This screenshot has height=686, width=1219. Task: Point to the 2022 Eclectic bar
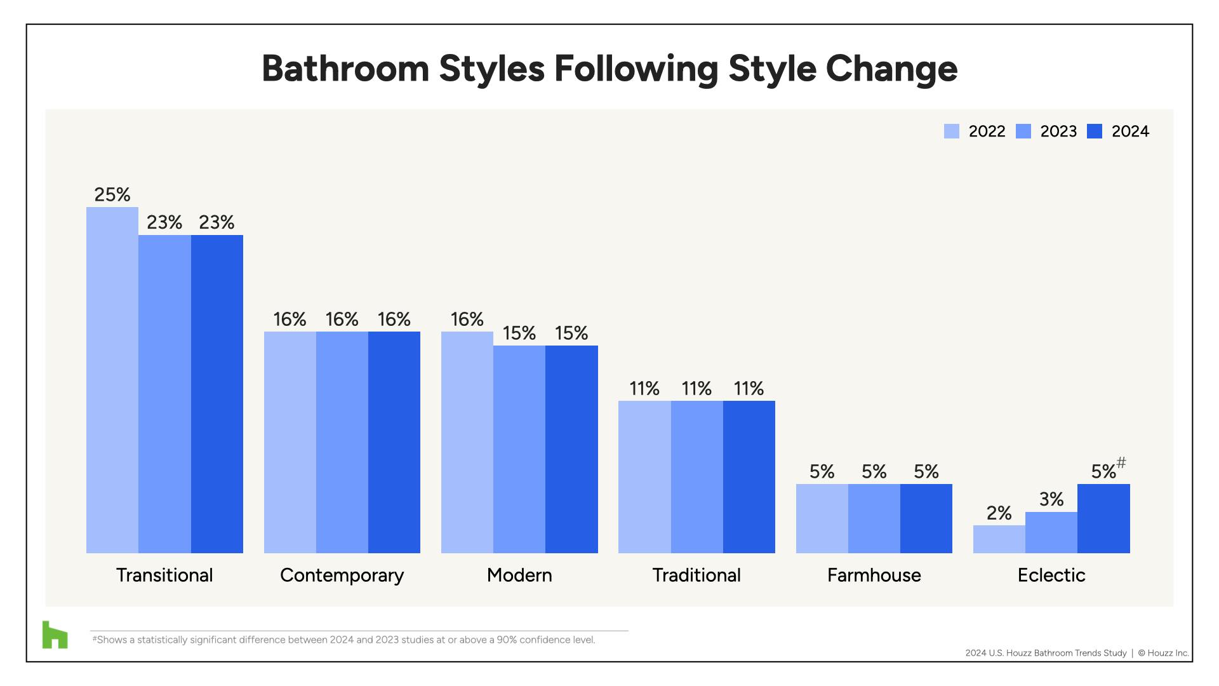pyautogui.click(x=999, y=539)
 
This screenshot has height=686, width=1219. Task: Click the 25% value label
pyautogui.click(x=112, y=194)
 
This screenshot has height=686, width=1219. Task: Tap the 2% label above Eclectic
pyautogui.click(x=999, y=513)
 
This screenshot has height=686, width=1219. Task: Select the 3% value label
pyautogui.click(x=1051, y=499)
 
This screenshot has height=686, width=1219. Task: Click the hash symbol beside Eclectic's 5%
pyautogui.click(x=1121, y=463)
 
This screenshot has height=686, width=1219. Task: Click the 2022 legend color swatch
pyautogui.click(x=951, y=131)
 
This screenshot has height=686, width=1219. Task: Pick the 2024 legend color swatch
pyautogui.click(x=1095, y=131)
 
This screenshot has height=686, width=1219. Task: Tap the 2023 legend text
pyautogui.click(x=1058, y=131)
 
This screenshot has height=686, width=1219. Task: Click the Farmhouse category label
pyautogui.click(x=874, y=575)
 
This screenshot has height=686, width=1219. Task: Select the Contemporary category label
pyautogui.click(x=342, y=575)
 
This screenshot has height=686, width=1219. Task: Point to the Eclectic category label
pyautogui.click(x=1051, y=575)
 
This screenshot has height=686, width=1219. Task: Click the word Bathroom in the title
pyautogui.click(x=345, y=69)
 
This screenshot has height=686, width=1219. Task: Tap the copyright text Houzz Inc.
pyautogui.click(x=1168, y=653)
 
